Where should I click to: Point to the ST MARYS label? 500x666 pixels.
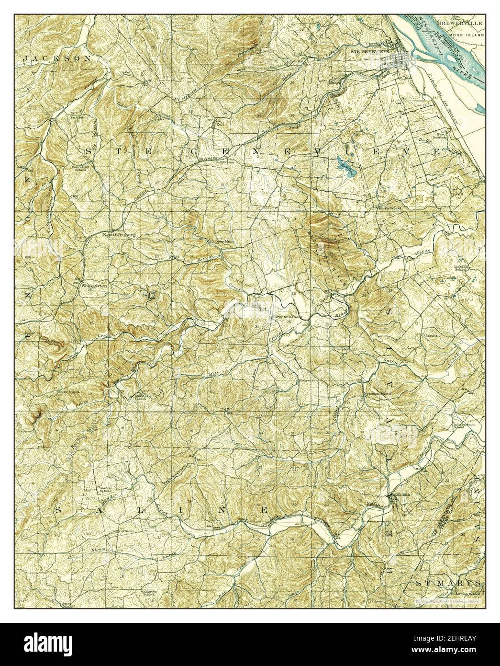click(x=447, y=583)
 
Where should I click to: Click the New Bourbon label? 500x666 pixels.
click(x=442, y=135)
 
